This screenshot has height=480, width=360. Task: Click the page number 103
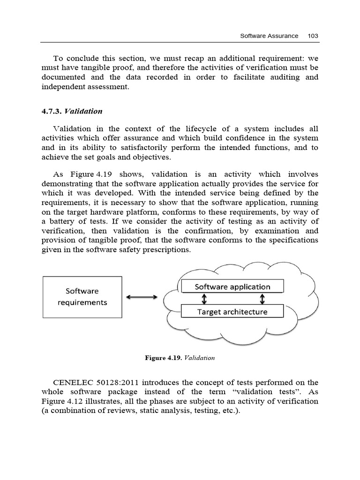(313, 36)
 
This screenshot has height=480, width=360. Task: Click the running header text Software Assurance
(269, 36)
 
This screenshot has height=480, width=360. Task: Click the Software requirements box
(82, 297)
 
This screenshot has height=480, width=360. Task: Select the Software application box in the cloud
(232, 287)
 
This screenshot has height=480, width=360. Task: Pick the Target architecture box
(232, 312)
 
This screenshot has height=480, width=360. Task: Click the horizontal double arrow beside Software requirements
(142, 297)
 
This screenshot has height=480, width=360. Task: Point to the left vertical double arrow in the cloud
(205, 299)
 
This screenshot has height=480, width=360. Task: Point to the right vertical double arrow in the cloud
(262, 299)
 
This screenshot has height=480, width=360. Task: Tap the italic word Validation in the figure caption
(200, 358)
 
